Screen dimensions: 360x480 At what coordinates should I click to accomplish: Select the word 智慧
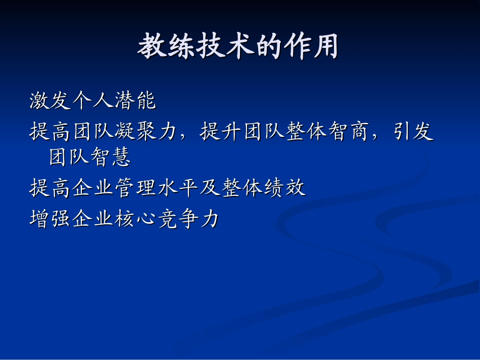click(113, 157)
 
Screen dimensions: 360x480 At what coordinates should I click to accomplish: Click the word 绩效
click(284, 188)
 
